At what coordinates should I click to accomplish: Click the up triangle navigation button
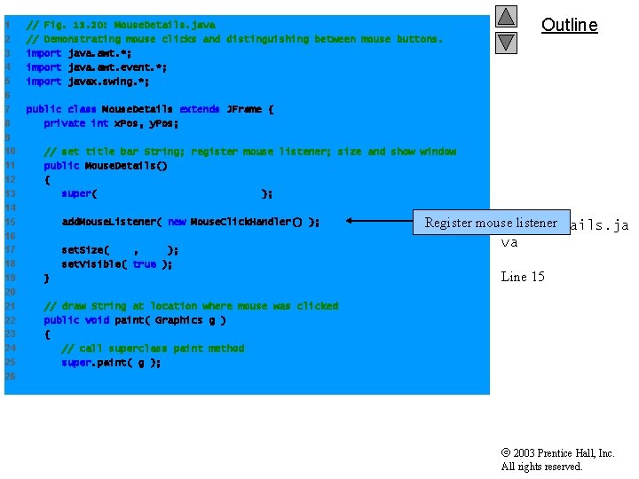coord(506,16)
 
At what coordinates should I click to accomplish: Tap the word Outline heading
coord(569,25)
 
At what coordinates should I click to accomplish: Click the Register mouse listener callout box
coord(491,223)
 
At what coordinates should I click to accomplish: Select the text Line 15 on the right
coord(523,277)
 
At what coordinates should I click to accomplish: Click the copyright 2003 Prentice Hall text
coord(557,453)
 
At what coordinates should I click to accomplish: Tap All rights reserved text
coord(541,467)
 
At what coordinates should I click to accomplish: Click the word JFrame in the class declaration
coord(245,109)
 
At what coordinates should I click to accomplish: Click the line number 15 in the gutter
coord(9,222)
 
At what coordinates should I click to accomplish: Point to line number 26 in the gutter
coord(9,376)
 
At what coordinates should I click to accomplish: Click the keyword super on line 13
coord(77,193)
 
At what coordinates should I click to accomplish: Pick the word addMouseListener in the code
coord(108,222)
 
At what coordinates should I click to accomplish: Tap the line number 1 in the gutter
coord(7,25)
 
